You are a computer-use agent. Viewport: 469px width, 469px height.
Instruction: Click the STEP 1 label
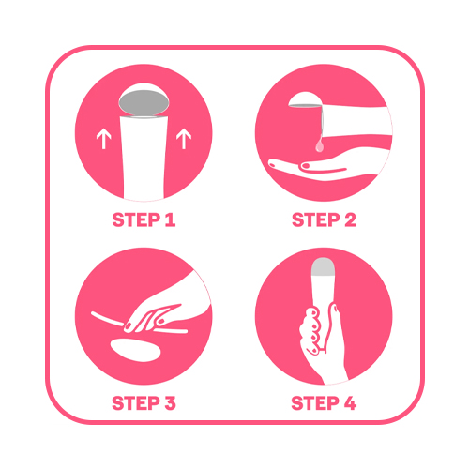coord(144,219)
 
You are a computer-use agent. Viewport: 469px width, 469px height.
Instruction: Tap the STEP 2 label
coord(324,219)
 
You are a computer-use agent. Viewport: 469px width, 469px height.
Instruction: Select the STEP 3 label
coord(144,403)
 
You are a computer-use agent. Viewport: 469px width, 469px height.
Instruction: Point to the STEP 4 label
coord(324,403)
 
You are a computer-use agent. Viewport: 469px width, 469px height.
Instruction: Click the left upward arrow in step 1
coord(104,140)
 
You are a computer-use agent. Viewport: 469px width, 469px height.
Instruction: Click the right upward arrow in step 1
coord(184,139)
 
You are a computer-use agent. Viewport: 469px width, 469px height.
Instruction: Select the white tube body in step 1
coord(144,158)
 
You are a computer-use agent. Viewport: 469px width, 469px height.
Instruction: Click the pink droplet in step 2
coord(319,144)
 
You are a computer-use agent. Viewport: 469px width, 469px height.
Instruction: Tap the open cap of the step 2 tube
coord(305,100)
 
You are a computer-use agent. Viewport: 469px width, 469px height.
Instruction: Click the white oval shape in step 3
coord(136,350)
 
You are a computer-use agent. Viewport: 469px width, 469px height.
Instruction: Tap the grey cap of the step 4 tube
coord(324,266)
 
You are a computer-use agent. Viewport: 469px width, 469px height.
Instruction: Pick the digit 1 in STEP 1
coord(170,219)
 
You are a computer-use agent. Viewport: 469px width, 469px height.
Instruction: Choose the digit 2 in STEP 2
coord(351,219)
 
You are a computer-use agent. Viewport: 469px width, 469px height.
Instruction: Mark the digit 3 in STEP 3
coord(170,403)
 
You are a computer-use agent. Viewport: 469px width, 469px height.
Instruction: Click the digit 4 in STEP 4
coord(351,403)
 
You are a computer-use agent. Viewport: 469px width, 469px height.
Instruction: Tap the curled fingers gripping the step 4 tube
coord(310,331)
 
